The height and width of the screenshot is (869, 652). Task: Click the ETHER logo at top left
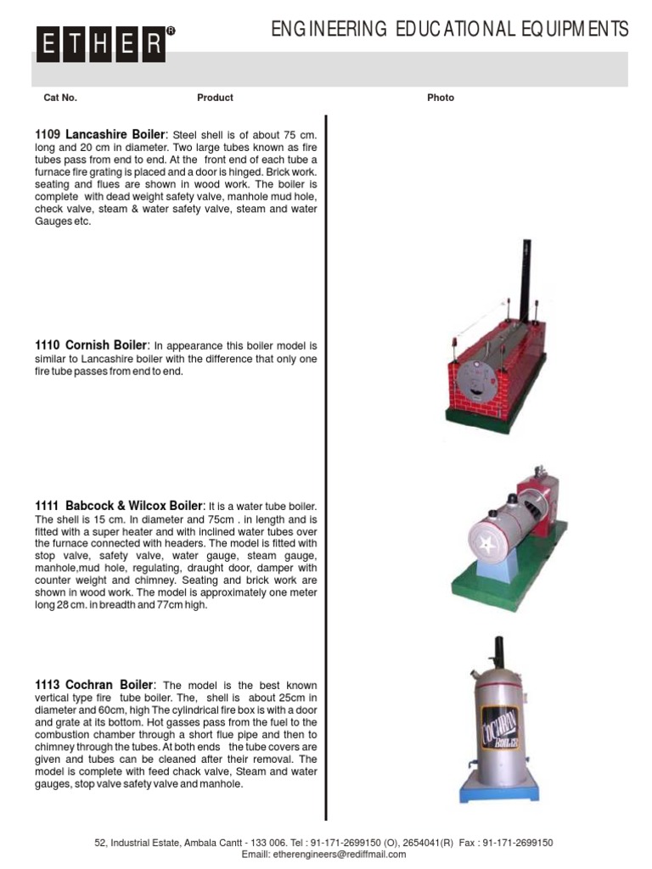101,43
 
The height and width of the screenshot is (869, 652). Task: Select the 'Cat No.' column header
60,98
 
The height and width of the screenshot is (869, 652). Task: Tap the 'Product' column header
215,98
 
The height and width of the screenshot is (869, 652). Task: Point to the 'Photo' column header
441,98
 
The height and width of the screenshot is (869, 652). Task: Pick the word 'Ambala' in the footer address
224,843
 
